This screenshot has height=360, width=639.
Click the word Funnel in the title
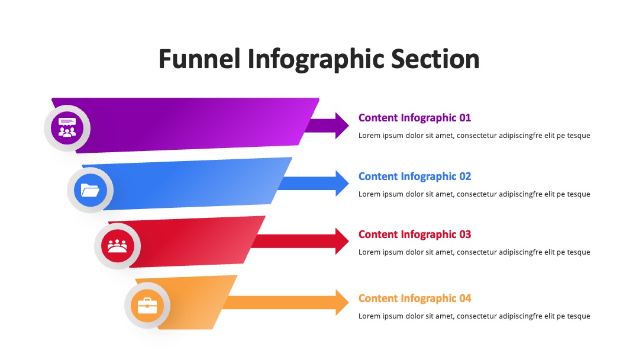tap(199, 59)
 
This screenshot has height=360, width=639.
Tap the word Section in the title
tap(435, 59)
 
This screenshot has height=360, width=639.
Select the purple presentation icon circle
tap(67, 128)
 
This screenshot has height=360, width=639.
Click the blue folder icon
tap(90, 190)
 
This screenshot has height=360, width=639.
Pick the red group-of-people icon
tap(117, 246)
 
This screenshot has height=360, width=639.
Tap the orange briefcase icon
tap(147, 306)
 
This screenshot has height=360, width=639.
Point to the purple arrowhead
tap(342, 125)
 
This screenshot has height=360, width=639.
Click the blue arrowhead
tap(342, 184)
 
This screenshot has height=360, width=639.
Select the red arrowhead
tap(342, 242)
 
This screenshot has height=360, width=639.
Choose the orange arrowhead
tap(342, 303)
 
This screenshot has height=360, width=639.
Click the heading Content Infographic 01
tap(414, 118)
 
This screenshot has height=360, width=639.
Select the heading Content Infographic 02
tap(414, 176)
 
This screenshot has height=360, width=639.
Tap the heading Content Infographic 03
tap(414, 234)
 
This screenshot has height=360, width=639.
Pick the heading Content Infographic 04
tap(414, 298)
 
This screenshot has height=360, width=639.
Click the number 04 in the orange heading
tap(465, 298)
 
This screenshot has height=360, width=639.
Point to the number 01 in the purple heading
tap(465, 118)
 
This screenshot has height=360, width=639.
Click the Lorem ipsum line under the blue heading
tap(475, 194)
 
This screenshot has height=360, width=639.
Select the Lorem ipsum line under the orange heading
tap(475, 316)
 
